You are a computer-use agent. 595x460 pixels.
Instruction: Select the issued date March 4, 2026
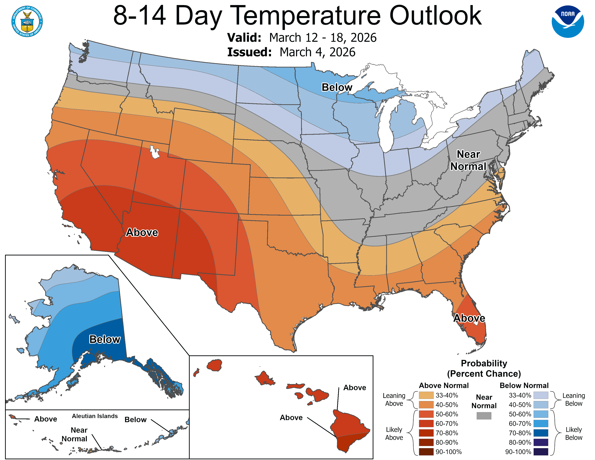317,52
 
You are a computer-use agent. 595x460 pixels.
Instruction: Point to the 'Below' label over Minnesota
337,87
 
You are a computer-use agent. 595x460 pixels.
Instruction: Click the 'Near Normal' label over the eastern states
468,160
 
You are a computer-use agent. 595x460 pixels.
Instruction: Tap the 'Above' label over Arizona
142,233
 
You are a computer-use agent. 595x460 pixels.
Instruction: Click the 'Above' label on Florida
469,318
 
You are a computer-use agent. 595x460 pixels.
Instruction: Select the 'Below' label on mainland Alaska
105,339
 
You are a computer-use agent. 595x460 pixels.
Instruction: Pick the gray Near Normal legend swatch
484,416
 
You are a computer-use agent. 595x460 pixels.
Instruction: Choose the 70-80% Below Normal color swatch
541,433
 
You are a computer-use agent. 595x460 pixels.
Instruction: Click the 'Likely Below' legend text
574,433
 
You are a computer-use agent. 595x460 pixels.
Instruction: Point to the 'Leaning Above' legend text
394,400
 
